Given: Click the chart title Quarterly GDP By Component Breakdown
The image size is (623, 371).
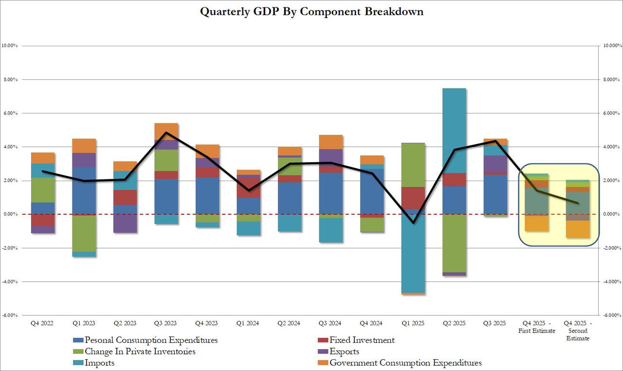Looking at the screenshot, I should point(311,12).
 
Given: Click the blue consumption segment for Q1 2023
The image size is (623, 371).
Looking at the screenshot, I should point(84,190).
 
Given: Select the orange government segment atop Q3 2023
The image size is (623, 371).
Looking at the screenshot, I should point(166,131).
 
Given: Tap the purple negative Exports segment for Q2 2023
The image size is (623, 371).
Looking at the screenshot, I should point(125,223).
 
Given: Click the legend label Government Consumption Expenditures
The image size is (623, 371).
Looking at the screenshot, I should point(405,363).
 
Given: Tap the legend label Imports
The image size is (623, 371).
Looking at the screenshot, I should point(99,363).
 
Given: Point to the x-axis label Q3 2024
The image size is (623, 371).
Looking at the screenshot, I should point(330,323).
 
